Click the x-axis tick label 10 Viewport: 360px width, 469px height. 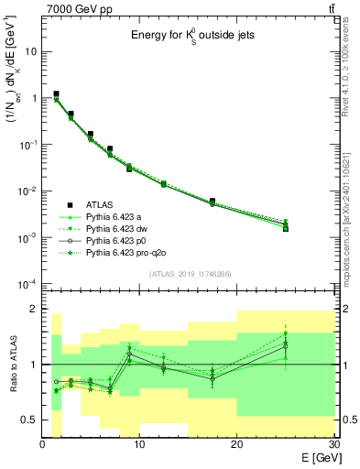[x=139, y=444]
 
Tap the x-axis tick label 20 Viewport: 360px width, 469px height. [x=236, y=444]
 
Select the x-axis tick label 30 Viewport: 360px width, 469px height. [x=333, y=444]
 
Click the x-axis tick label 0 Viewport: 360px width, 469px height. [x=43, y=444]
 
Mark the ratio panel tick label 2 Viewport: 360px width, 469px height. [x=33, y=309]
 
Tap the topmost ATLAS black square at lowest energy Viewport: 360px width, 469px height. [x=57, y=93]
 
